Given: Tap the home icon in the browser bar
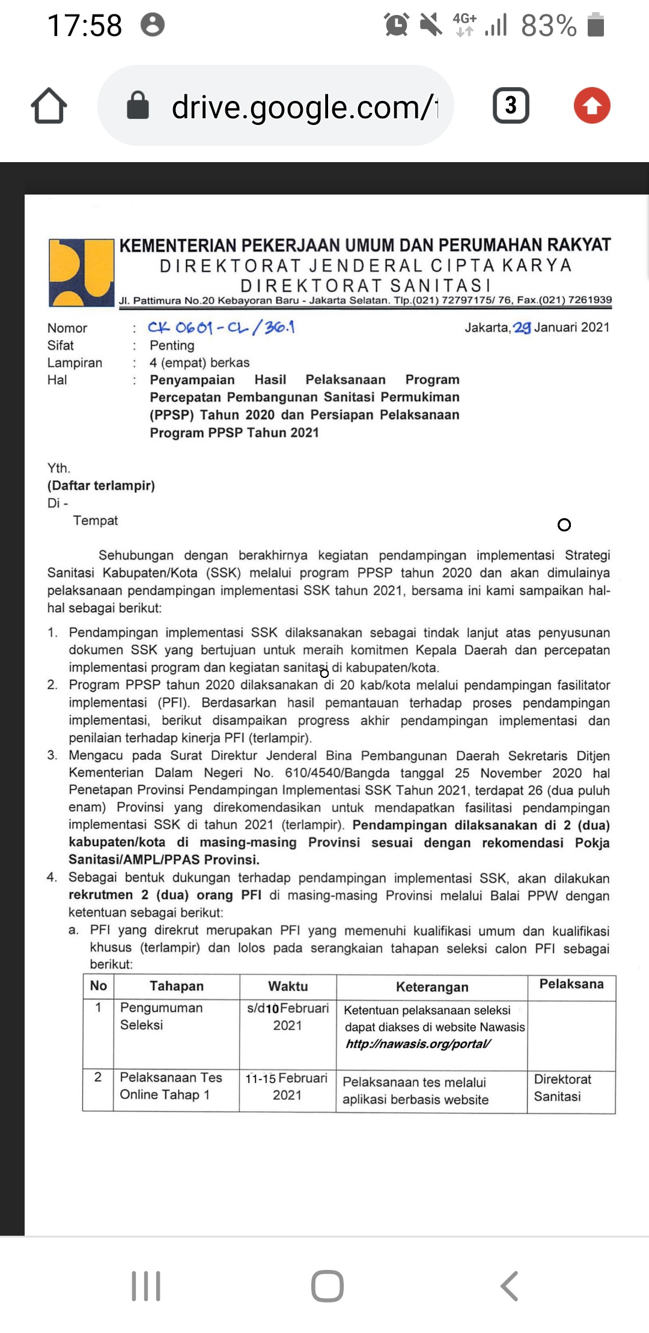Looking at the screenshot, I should coord(49,106).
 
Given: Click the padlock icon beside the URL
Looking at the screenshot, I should coord(138,106).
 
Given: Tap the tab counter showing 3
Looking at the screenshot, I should coord(511,106).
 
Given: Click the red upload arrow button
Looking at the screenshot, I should coord(592,106).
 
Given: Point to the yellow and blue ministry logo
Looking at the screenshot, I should coord(81,273).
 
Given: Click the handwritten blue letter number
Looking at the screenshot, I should coord(221,328).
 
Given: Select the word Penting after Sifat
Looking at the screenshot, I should coord(172,345).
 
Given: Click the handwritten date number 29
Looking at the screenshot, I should coord(522,328).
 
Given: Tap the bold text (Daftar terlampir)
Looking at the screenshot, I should coord(101,485).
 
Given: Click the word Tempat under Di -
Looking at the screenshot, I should coord(96,521).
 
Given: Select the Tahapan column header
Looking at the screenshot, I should coord(177,986).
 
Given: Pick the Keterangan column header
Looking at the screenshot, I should coord(431,987).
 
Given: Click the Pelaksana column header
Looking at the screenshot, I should coord(571,984).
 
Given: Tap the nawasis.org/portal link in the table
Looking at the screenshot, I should coord(418,1044).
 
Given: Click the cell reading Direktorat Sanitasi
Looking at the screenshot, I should coord(562,1087).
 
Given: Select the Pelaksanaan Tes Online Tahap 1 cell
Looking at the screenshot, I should coord(171,1086).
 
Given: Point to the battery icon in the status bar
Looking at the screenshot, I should coord(596,25).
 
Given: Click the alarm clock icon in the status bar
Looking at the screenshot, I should coord(397,25).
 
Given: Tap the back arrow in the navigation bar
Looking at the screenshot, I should coord(509,1286).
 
